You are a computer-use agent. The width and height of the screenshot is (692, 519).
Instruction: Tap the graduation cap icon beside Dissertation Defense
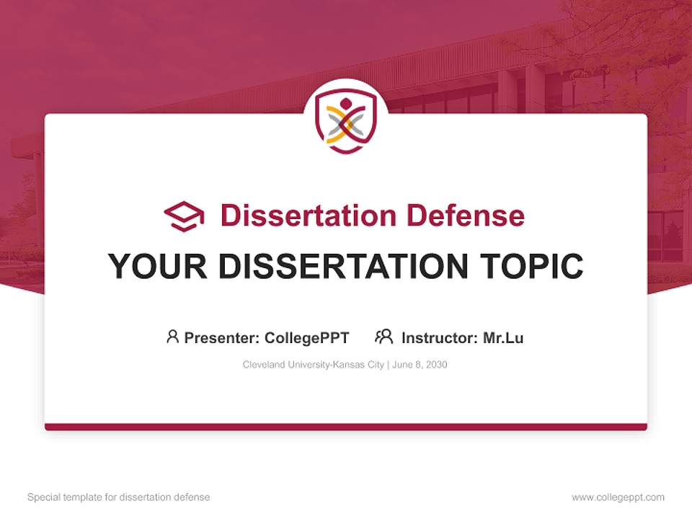[x=185, y=216]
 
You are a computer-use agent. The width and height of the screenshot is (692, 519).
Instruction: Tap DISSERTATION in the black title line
[x=343, y=267]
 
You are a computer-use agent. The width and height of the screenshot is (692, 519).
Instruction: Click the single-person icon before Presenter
[x=172, y=337]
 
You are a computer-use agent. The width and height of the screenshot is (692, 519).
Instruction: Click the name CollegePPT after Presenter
[x=306, y=337]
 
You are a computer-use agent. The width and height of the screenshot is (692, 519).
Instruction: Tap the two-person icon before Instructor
[x=383, y=337]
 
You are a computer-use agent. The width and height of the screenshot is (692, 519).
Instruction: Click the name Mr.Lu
[x=503, y=337]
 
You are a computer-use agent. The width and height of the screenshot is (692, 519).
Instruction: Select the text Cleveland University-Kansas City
[x=313, y=365]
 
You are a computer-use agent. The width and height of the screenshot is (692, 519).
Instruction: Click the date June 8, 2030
[x=420, y=365]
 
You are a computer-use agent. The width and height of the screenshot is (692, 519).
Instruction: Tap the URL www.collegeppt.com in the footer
[x=618, y=497]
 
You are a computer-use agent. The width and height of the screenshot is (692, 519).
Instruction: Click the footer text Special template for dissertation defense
[x=118, y=497]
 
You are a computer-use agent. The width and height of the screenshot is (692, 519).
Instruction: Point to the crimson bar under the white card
[x=346, y=427]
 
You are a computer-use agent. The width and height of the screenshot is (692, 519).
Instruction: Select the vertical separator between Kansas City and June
[x=389, y=365]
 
